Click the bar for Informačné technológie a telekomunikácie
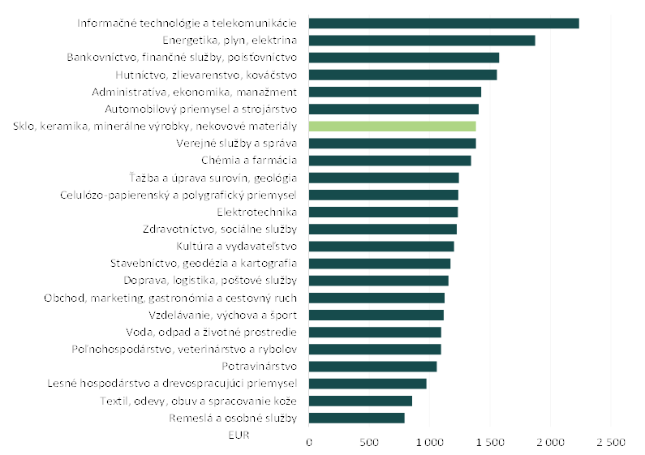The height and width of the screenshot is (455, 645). point(444,24)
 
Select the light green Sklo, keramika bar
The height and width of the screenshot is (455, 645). point(392,127)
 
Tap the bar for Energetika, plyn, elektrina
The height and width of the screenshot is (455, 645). point(422,41)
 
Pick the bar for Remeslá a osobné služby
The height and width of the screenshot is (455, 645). point(356,418)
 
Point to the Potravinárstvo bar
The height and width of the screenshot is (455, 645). point(372,367)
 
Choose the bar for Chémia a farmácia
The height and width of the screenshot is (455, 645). point(389,161)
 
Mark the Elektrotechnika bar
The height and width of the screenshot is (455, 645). point(383,212)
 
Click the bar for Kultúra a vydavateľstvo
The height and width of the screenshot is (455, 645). point(381,247)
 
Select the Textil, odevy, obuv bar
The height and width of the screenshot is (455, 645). point(360,401)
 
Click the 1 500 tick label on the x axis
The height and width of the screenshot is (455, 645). point(490,442)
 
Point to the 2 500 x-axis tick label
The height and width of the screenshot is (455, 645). point(611,442)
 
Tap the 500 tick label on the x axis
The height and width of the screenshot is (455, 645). point(369,442)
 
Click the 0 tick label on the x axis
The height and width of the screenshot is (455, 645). point(309,442)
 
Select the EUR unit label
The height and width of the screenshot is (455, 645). point(241,436)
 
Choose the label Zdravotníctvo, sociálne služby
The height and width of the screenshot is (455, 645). point(220,230)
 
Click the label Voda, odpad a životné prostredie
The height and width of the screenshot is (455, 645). point(212,332)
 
